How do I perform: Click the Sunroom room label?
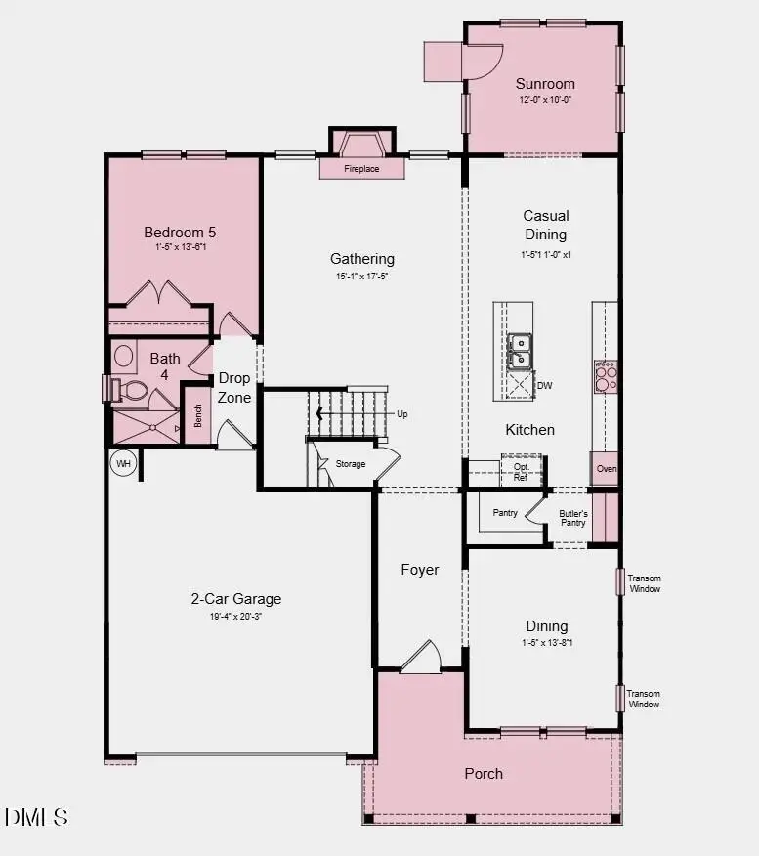click(545, 84)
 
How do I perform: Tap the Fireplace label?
click(361, 169)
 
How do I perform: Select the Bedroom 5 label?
click(180, 233)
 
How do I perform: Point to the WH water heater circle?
click(123, 463)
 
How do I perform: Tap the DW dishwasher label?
click(545, 386)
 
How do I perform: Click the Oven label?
click(607, 469)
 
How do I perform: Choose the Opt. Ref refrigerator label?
click(521, 471)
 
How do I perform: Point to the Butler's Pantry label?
click(572, 518)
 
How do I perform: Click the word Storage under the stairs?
click(351, 464)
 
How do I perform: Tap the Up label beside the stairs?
click(401, 414)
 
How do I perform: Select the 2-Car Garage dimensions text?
click(235, 617)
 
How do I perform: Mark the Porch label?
click(484, 774)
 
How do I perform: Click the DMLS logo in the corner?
click(36, 817)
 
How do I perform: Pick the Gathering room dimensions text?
click(362, 277)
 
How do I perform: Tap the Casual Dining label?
click(545, 225)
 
